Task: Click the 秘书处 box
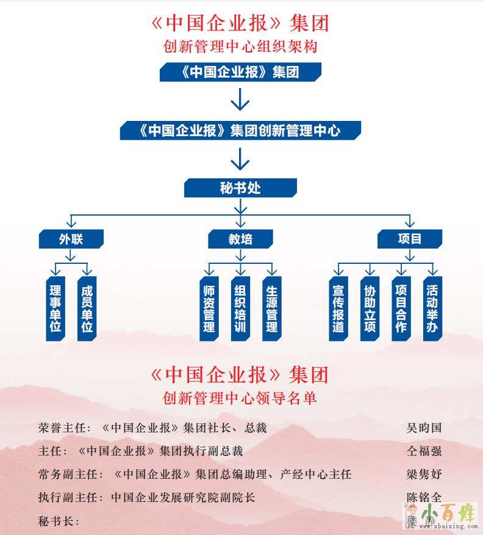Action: pyautogui.click(x=240, y=188)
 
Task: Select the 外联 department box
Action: pyautogui.click(x=71, y=239)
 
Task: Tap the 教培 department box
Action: pyautogui.click(x=240, y=239)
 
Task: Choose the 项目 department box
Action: pyautogui.click(x=409, y=239)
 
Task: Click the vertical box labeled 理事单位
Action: pyautogui.click(x=55, y=308)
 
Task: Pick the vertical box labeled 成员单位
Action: pyautogui.click(x=87, y=308)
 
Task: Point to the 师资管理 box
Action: pyautogui.click(x=209, y=308)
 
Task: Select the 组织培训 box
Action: pyautogui.click(x=240, y=308)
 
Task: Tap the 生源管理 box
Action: pyautogui.click(x=272, y=308)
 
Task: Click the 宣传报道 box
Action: pyautogui.click(x=338, y=308)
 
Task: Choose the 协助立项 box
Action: pyautogui.click(x=370, y=308)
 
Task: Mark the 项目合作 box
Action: pyautogui.click(x=401, y=308)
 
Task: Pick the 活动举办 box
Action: pyautogui.click(x=432, y=308)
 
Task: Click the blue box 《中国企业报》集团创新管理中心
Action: pyautogui.click(x=240, y=131)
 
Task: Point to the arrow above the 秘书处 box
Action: pyautogui.click(x=240, y=160)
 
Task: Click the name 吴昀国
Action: pyautogui.click(x=424, y=428)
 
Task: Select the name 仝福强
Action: pyautogui.click(x=424, y=451)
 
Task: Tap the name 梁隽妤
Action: pyautogui.click(x=424, y=475)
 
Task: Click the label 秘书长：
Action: pyautogui.click(x=60, y=521)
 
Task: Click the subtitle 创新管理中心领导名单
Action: pyautogui.click(x=240, y=398)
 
